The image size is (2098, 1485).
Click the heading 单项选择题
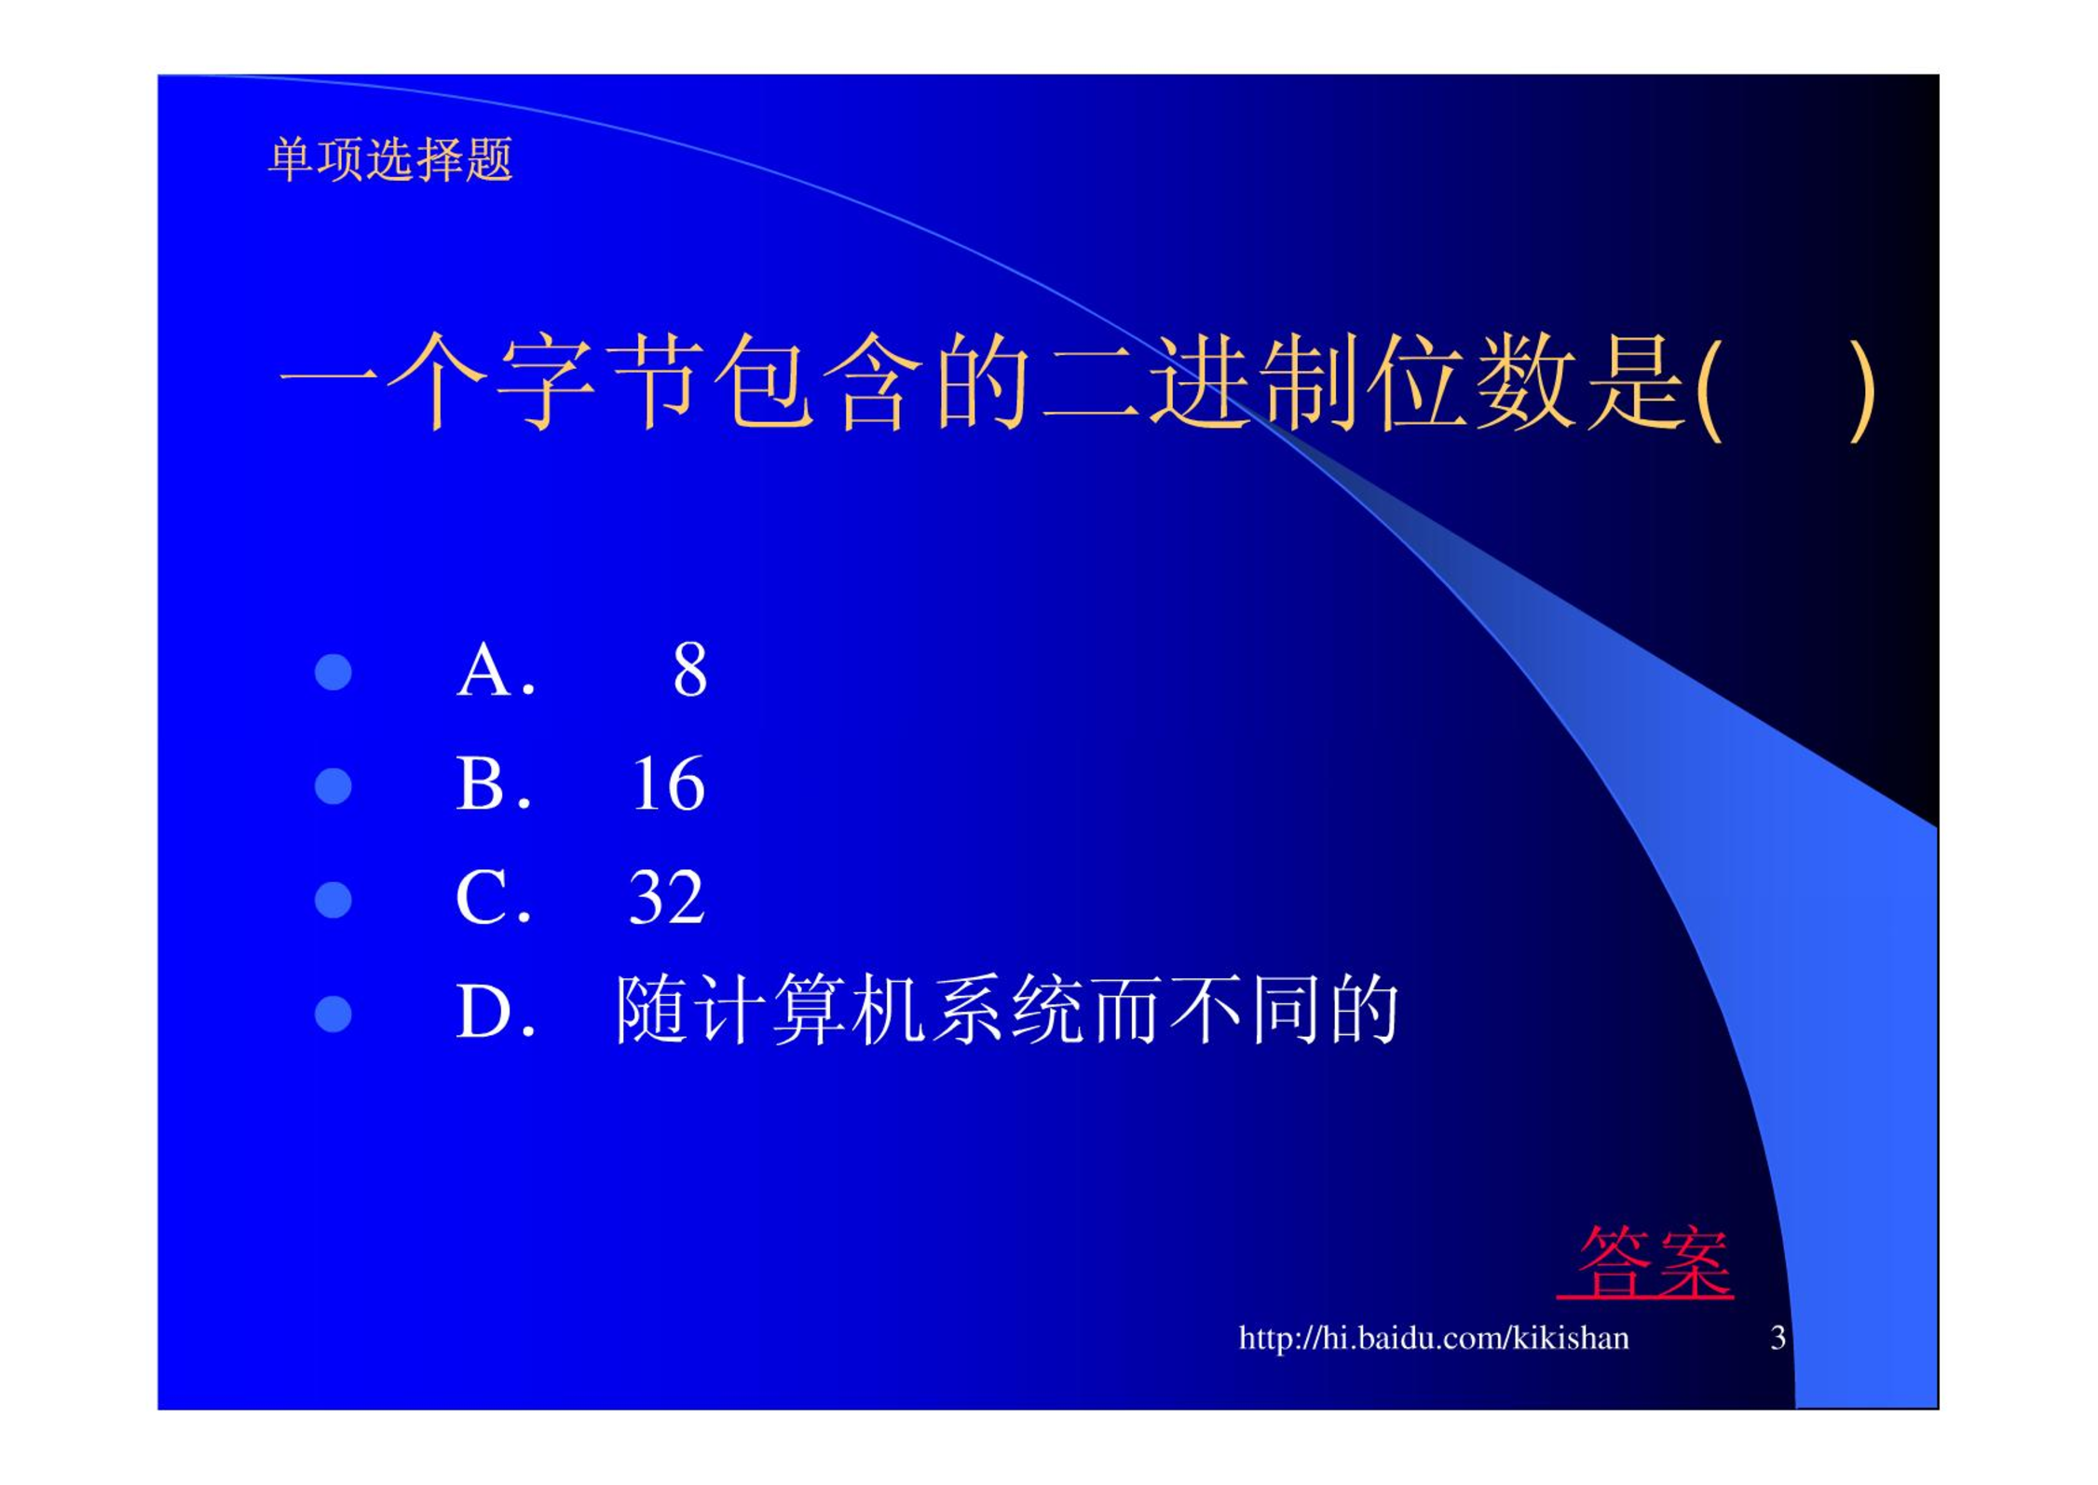click(x=390, y=159)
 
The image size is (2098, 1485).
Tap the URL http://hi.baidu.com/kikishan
click(x=1434, y=1338)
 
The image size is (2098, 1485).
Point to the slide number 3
click(x=1778, y=1338)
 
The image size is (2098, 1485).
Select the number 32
click(x=667, y=897)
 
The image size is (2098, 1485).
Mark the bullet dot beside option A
click(x=334, y=672)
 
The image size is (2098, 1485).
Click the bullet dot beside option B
click(x=334, y=785)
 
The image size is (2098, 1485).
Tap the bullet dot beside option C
click(x=334, y=900)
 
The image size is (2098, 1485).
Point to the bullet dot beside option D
click(x=334, y=1014)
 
